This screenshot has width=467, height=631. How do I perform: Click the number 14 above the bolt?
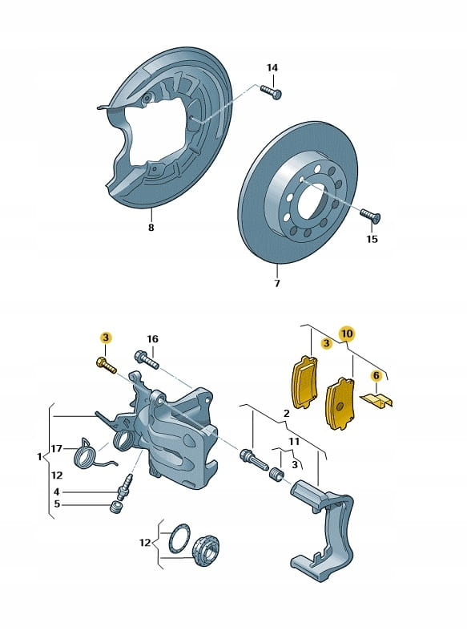pyautogui.click(x=272, y=67)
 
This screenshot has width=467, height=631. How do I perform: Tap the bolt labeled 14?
pyautogui.click(x=271, y=91)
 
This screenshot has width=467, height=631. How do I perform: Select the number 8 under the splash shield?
pyautogui.click(x=151, y=228)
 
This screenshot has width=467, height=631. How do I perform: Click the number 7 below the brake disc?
pyautogui.click(x=277, y=283)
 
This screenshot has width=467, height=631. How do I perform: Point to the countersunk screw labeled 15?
pyautogui.click(x=370, y=215)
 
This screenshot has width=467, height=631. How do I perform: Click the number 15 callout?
pyautogui.click(x=372, y=239)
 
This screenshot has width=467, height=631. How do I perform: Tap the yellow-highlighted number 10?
pyautogui.click(x=347, y=334)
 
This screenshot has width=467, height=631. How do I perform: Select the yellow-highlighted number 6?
pyautogui.click(x=376, y=376)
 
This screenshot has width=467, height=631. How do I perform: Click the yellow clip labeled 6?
pyautogui.click(x=377, y=400)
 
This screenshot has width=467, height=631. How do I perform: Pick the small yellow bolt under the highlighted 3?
pyautogui.click(x=106, y=365)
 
